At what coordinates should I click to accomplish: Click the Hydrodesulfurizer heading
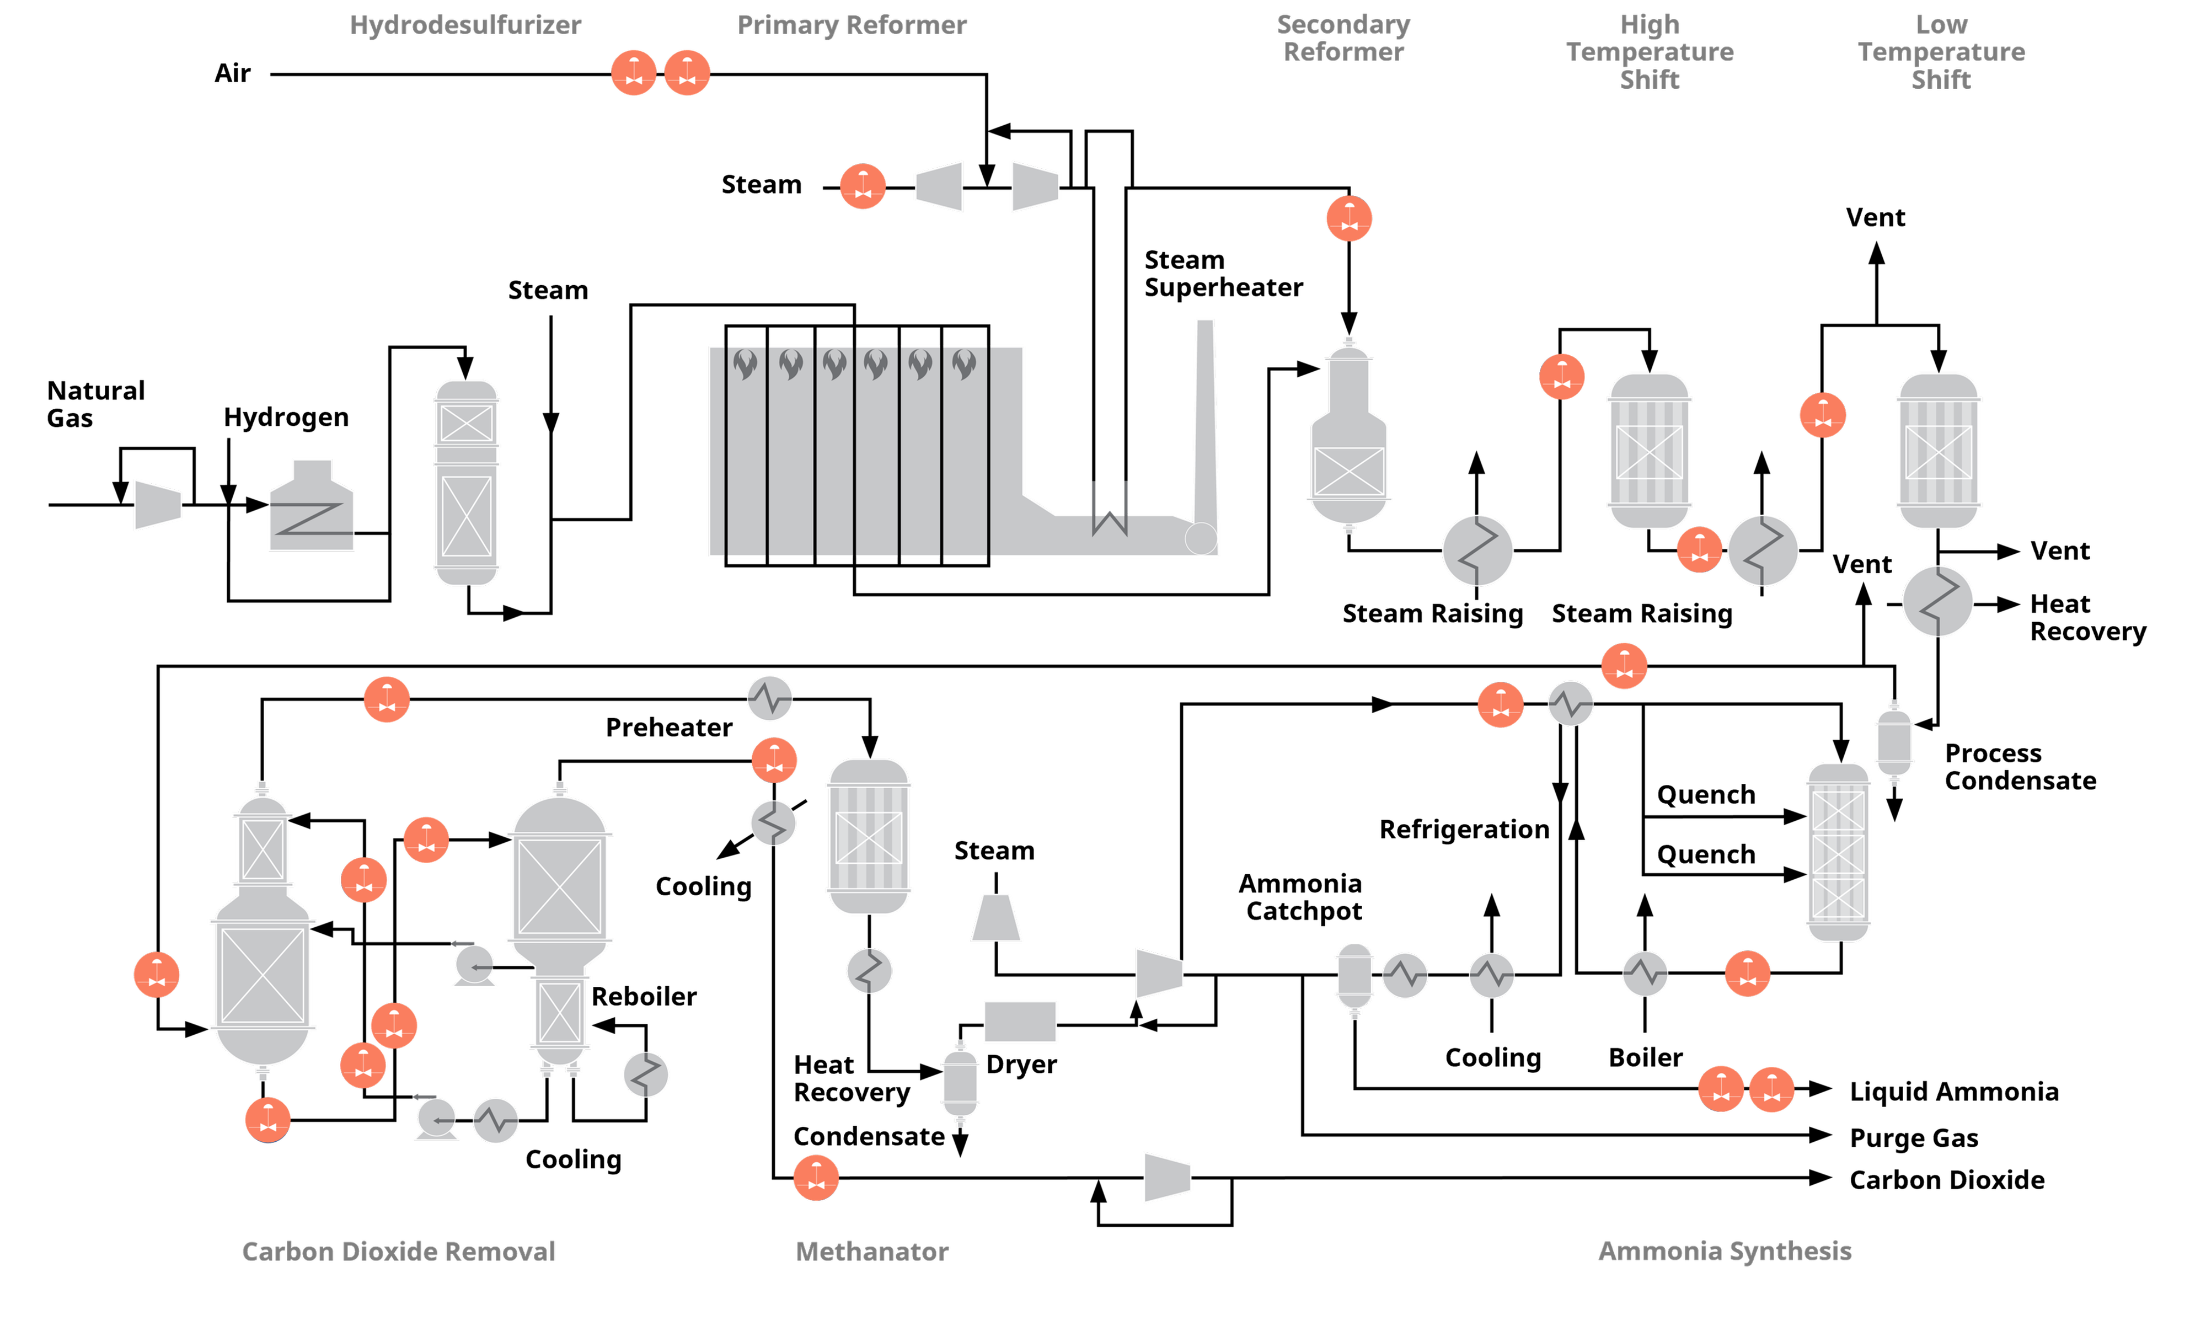465,25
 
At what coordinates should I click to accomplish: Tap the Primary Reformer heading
852,25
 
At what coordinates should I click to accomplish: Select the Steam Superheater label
1223,273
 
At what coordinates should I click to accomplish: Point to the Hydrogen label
286,417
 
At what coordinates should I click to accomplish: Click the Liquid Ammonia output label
1953,1092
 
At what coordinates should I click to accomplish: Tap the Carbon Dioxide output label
1946,1180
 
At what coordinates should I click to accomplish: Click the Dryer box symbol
1020,1022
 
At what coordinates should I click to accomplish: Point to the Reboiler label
644,996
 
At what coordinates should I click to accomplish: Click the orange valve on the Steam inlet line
862,186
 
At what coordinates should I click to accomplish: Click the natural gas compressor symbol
158,505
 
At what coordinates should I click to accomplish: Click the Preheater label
669,727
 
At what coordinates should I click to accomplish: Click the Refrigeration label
1464,830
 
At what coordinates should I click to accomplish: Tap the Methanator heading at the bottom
872,1252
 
